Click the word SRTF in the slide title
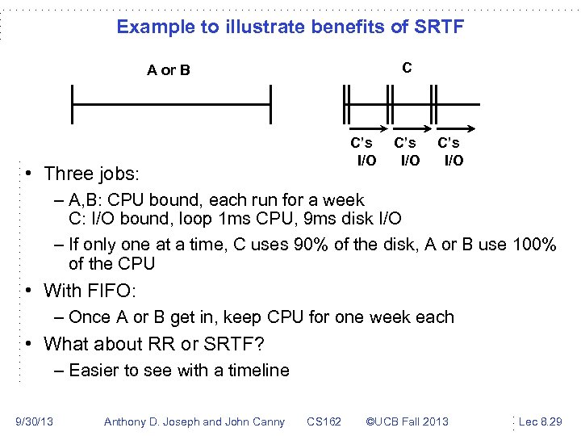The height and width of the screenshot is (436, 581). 437,27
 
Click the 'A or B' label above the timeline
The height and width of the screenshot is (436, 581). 169,70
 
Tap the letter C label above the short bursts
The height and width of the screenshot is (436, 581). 407,68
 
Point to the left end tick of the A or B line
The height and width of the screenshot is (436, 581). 72,104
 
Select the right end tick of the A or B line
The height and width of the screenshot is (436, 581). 270,104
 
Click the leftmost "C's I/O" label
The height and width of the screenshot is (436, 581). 363,152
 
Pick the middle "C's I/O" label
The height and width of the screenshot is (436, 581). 407,152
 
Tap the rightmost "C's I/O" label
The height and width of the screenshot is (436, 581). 451,152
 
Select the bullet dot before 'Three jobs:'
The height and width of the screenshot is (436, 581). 28,174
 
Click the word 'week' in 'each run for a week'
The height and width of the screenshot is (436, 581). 345,200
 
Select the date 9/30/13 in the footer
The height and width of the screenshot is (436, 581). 36,421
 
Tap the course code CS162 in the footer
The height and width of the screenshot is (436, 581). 324,421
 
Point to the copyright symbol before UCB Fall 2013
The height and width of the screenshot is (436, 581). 371,421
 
